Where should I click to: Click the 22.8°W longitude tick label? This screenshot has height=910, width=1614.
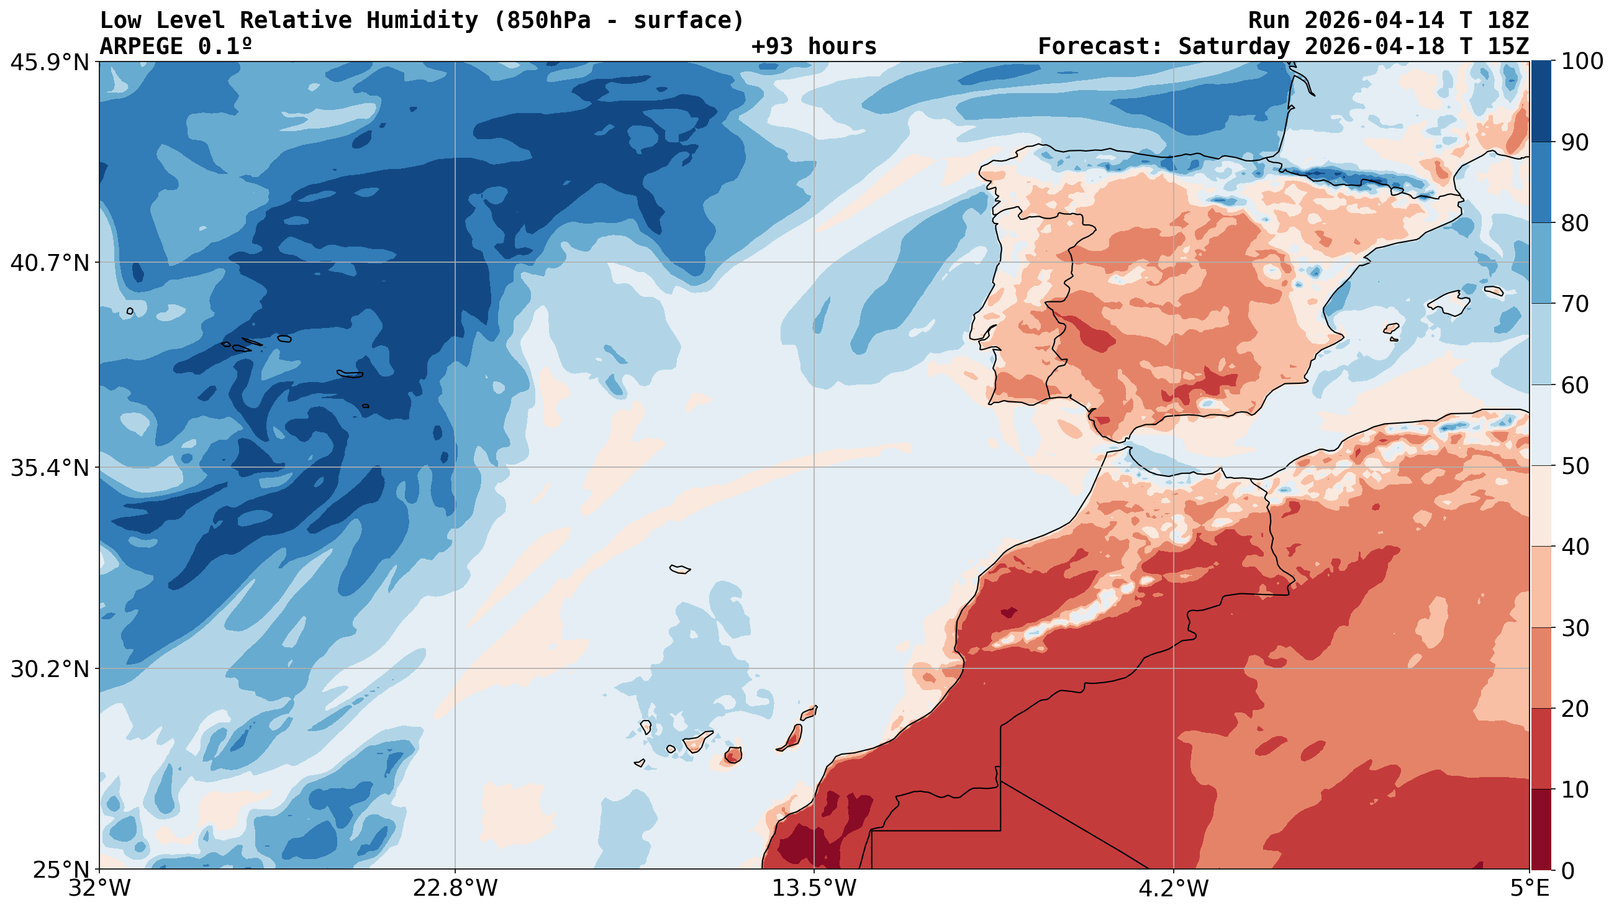(455, 888)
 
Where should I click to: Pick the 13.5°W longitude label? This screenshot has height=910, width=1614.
(814, 888)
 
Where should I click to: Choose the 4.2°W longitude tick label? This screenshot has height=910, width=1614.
(1173, 888)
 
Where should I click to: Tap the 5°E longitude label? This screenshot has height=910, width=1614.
(1529, 888)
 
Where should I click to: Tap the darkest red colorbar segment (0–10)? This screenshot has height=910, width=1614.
(1541, 829)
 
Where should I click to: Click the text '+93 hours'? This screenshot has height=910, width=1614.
(814, 47)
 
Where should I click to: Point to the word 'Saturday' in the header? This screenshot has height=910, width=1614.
(1234, 47)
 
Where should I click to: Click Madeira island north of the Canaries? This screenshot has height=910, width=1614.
(680, 569)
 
